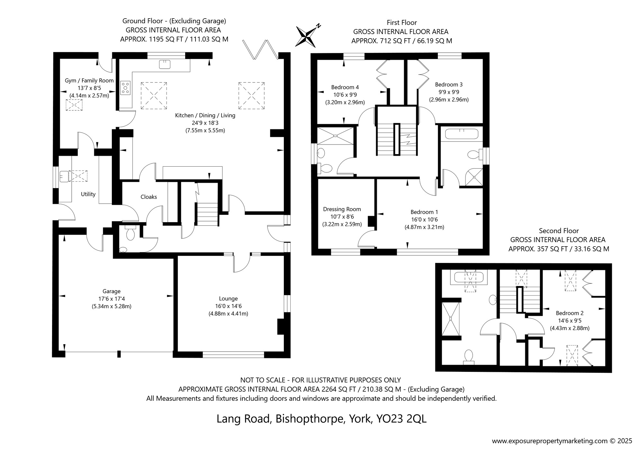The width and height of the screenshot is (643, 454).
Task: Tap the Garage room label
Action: tap(112, 291)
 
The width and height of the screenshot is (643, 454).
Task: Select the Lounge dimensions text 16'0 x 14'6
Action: tap(228, 306)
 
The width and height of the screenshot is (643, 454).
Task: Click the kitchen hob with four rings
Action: tap(125, 88)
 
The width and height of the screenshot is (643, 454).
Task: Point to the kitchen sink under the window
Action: tap(165, 64)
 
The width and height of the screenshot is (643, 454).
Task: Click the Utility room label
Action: tap(88, 194)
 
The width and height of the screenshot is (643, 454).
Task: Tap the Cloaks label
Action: tap(149, 197)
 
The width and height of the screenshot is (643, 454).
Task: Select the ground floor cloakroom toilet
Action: tap(131, 233)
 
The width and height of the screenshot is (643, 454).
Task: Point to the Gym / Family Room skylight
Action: tap(74, 105)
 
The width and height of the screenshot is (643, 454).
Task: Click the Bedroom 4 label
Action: tap(345, 87)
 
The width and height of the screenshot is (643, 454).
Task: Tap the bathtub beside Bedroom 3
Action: tap(462, 134)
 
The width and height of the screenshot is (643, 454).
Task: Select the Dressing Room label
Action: tap(342, 209)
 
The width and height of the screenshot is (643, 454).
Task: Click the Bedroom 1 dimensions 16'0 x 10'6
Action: tap(424, 220)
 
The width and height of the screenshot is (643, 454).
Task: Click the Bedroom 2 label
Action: tap(570, 313)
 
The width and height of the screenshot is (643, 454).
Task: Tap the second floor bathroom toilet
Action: tap(468, 357)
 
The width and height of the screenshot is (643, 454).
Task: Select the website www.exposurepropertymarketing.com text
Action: tap(549, 441)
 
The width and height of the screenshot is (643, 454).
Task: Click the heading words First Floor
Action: tap(402, 22)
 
